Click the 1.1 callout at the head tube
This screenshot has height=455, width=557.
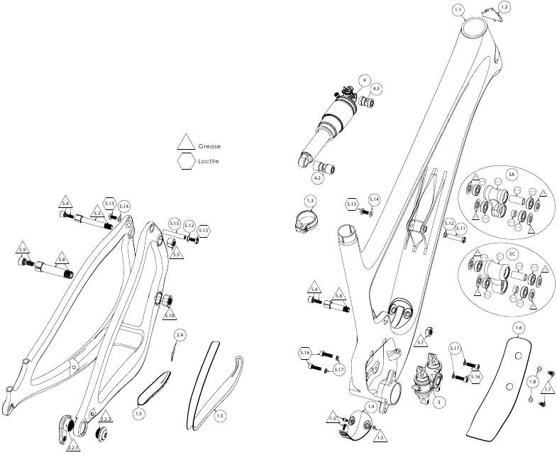(x=458, y=9)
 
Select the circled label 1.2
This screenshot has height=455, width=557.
(x=504, y=6)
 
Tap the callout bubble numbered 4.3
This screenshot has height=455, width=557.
(x=376, y=88)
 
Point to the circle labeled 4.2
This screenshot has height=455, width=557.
(x=318, y=178)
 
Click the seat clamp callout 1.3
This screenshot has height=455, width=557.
(x=310, y=202)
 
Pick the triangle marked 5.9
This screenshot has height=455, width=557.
(x=23, y=251)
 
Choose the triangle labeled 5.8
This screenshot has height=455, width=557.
(x=62, y=259)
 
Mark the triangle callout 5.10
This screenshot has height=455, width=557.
(x=169, y=314)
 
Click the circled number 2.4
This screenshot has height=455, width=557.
(x=180, y=334)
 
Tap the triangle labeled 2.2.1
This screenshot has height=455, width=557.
(x=72, y=448)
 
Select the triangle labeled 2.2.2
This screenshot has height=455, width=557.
(x=105, y=420)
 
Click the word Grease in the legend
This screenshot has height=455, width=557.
(x=209, y=146)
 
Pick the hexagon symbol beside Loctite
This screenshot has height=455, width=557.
(x=187, y=162)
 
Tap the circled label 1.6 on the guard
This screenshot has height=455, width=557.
(x=519, y=328)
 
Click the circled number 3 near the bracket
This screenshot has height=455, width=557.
(x=439, y=402)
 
